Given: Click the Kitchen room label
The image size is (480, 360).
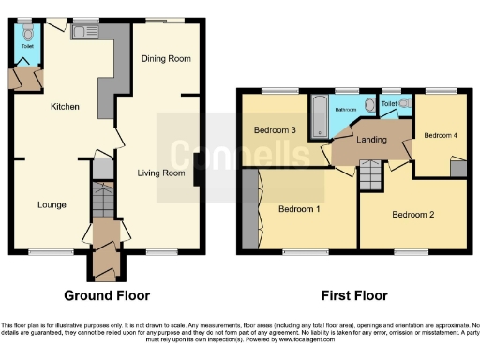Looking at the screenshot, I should tap(65, 107).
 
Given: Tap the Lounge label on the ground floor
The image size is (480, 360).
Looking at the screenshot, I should tap(51, 204).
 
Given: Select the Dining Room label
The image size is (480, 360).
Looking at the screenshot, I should tap(166, 59).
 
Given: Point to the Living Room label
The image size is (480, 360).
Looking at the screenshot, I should tap(160, 172).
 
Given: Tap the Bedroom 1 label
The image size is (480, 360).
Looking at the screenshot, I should tap(298, 208).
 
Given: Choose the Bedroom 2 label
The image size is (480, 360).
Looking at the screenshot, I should tap(413, 215).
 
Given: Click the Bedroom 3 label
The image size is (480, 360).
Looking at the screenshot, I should tap(275, 129).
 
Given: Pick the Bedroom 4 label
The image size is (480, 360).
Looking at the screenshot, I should tap(441, 135).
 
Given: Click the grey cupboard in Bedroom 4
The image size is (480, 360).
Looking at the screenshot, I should tap(457, 169).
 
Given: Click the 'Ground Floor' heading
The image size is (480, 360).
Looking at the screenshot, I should tap(107, 295).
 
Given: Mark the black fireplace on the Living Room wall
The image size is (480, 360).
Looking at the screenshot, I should tap(199, 174).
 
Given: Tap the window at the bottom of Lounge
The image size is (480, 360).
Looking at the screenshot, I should tap(47, 252).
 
